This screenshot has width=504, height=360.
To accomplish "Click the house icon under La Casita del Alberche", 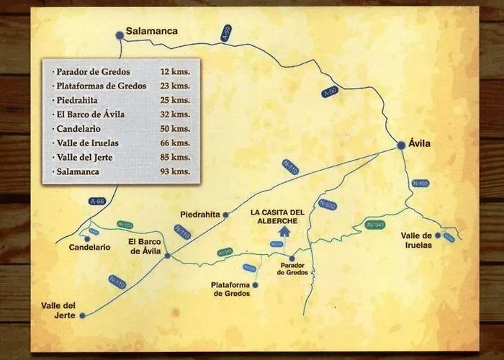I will coord(283,231).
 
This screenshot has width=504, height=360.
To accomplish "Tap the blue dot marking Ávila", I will coord(401,146).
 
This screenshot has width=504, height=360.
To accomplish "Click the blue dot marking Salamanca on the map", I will coord(120,34).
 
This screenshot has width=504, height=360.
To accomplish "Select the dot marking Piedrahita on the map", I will coord(225,215).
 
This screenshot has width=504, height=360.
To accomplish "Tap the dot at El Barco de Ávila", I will coord(167,255).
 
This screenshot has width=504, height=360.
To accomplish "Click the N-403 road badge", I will coord(420,184).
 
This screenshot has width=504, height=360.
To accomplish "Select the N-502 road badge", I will coord(328,204).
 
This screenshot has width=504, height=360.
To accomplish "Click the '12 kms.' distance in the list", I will coord(176,73).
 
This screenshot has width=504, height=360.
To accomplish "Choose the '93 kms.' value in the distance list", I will coord(176,171).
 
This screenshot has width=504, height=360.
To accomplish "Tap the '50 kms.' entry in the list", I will coord(176,128).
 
